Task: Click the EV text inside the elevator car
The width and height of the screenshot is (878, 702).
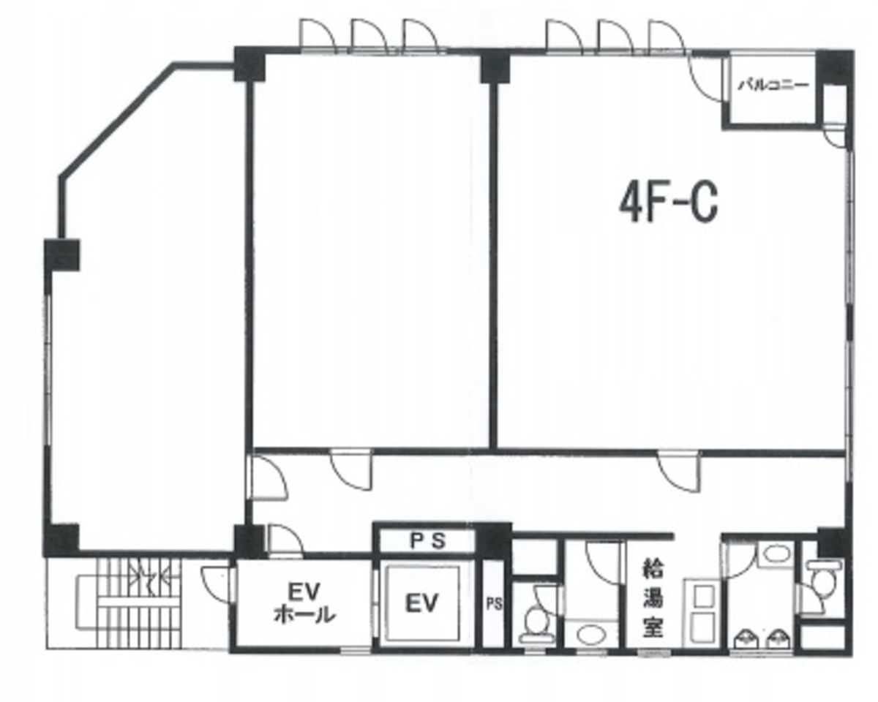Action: [x=422, y=603]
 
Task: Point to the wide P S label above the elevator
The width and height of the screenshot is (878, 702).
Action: [x=427, y=541]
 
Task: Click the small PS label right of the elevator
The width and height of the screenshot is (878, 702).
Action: [x=494, y=604]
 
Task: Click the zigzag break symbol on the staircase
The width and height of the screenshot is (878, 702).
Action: [x=149, y=577]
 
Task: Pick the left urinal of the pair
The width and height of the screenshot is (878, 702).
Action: [x=746, y=639]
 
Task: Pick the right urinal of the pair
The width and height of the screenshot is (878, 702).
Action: [x=778, y=639]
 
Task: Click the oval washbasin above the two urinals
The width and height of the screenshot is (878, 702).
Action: [x=774, y=554]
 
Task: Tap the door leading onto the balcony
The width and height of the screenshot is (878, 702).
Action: [x=705, y=77]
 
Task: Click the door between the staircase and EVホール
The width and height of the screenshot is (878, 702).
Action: [x=217, y=579]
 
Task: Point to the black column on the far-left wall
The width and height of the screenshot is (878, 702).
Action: [x=62, y=255]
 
